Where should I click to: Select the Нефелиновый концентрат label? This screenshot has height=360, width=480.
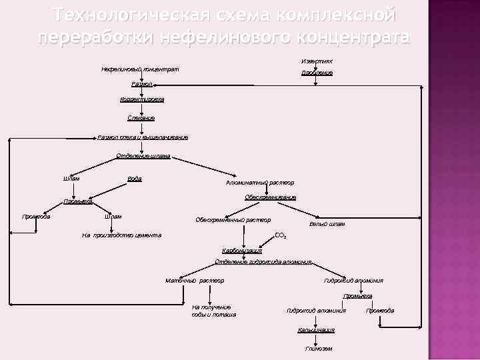(x=139, y=69)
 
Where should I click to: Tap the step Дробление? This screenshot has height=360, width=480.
(x=317, y=72)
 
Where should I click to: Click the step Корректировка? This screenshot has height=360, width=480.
(x=141, y=99)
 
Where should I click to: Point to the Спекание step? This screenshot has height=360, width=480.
(x=141, y=118)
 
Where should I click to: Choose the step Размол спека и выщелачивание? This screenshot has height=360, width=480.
(x=143, y=137)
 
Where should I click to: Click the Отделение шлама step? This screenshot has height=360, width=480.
(x=143, y=156)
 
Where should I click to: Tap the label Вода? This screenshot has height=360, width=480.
(x=134, y=178)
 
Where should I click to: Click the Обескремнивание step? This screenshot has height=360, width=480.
(x=270, y=197)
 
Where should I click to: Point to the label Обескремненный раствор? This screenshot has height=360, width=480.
(x=233, y=220)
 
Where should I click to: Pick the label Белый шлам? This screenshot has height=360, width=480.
(x=327, y=224)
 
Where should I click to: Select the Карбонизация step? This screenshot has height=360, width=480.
(x=242, y=251)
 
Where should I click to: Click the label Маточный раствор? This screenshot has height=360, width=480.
(x=195, y=281)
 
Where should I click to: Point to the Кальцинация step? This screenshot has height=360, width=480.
(x=316, y=330)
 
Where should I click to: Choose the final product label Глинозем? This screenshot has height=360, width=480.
(x=318, y=349)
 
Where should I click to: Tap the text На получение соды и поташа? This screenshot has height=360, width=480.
(x=213, y=310)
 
